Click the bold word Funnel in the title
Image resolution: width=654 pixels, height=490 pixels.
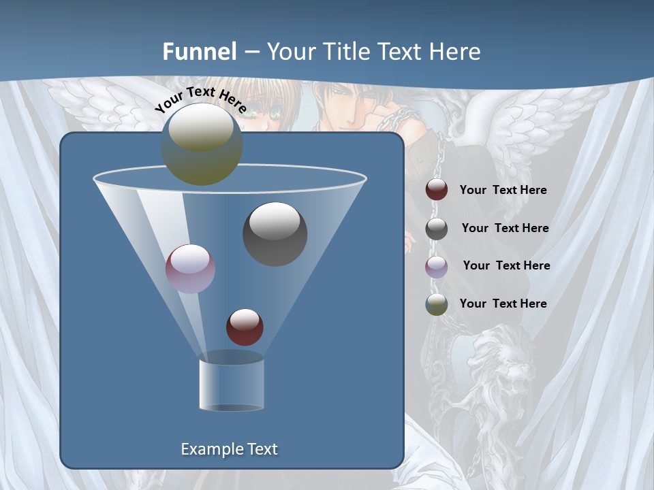(x=200, y=52)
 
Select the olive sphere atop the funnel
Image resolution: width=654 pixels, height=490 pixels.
(x=201, y=145)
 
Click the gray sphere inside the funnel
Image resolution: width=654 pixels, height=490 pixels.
(x=275, y=234)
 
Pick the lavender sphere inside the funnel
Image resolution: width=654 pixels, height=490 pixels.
(x=190, y=269)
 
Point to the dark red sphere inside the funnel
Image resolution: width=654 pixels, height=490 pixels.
(x=245, y=327)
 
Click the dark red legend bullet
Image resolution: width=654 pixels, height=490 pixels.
(x=437, y=190)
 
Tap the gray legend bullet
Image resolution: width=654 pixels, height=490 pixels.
(x=437, y=229)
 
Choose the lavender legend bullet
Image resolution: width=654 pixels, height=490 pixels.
(x=437, y=267)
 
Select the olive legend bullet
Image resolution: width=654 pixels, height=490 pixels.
(x=437, y=304)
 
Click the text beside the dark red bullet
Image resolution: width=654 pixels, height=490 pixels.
(x=503, y=191)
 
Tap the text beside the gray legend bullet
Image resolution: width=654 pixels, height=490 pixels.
(x=505, y=229)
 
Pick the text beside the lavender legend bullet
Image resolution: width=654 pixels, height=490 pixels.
(x=506, y=265)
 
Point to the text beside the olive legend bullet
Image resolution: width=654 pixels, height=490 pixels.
(x=503, y=304)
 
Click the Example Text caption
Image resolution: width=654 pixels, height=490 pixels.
(x=230, y=449)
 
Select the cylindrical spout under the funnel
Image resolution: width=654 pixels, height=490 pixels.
(x=231, y=385)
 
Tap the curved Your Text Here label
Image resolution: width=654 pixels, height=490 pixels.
(x=200, y=99)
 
